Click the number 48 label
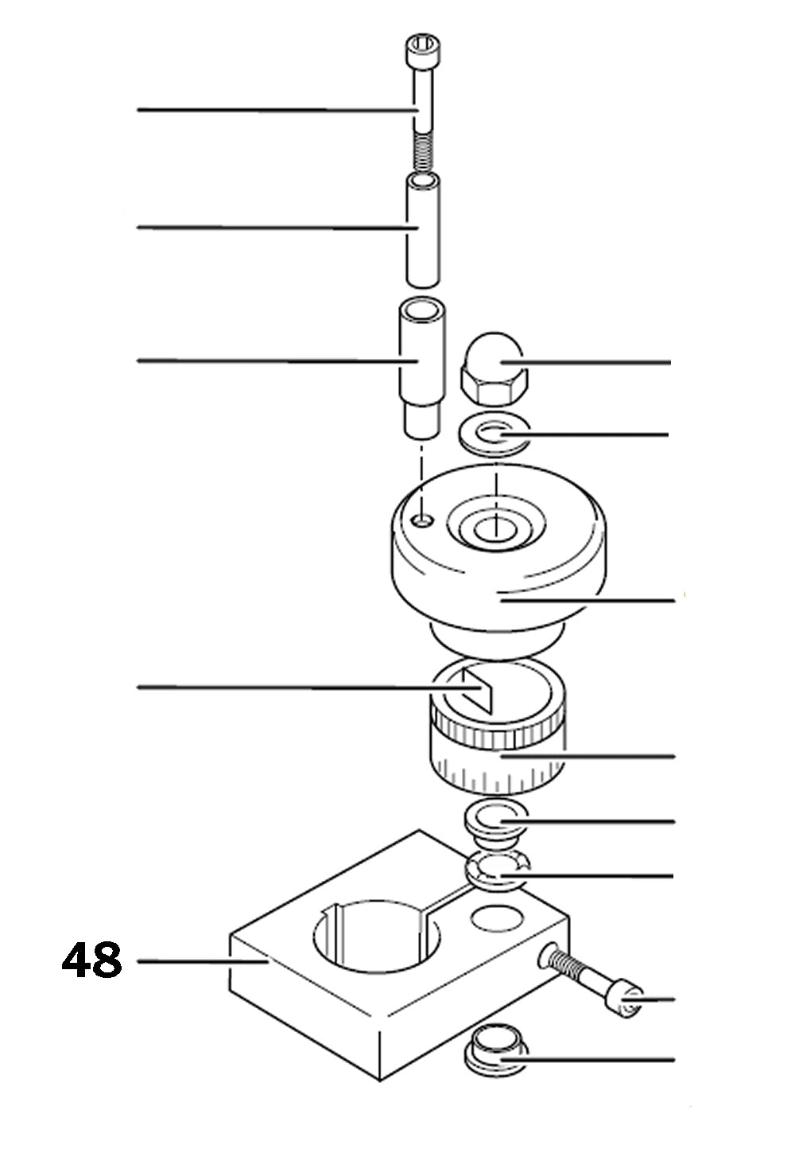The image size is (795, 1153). coord(92,960)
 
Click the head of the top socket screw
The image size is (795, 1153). coord(422,51)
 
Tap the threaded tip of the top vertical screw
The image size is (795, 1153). coord(424,152)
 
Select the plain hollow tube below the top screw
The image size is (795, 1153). coord(421,231)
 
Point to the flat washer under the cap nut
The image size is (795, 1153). coord(494,437)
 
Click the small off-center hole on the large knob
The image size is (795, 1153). coord(424,520)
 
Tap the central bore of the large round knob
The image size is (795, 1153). coord(494,527)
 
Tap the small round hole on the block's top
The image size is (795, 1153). coord(498,918)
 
